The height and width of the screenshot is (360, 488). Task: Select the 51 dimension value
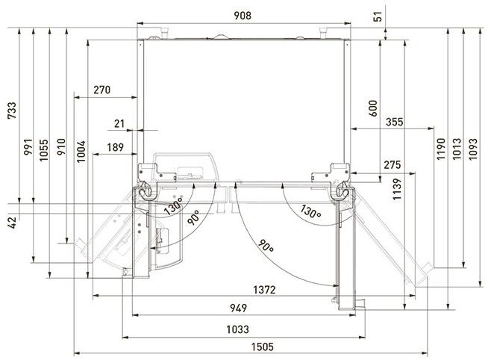tap(386, 14)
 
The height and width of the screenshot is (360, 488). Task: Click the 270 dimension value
tap(102, 90)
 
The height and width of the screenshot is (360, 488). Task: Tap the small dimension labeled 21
tap(120, 122)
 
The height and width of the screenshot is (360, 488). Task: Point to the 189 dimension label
tap(115, 148)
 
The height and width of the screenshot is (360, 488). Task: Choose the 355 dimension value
tap(396, 122)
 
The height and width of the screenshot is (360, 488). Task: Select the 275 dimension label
tap(393, 164)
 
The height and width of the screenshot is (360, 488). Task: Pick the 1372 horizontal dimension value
tap(263, 289)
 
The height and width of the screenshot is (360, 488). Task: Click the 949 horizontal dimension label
tap(239, 308)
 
